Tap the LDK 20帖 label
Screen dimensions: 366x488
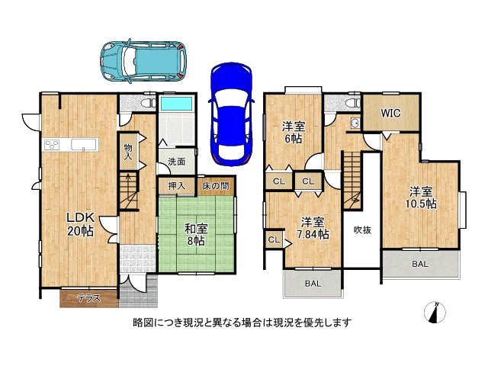(79, 222)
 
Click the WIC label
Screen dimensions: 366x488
(390, 114)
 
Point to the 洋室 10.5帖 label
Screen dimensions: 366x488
(421, 197)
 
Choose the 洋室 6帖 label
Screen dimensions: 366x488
(292, 132)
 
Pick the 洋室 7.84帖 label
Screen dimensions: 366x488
(313, 228)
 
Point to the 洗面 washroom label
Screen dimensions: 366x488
(177, 161)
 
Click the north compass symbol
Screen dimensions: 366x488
(436, 312)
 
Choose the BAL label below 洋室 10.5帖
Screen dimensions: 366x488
(420, 263)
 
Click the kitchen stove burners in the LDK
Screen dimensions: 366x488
(53, 144)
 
